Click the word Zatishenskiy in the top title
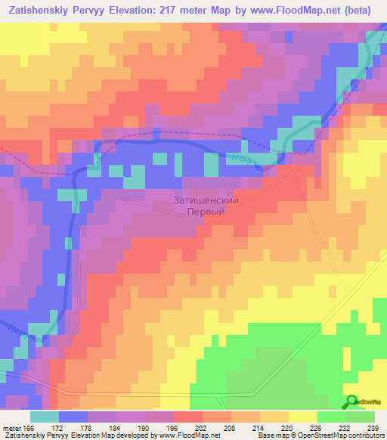39,10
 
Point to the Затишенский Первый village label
206,206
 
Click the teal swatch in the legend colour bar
45,417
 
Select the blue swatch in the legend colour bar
73,417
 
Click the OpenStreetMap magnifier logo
351,401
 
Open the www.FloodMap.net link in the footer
189,435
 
